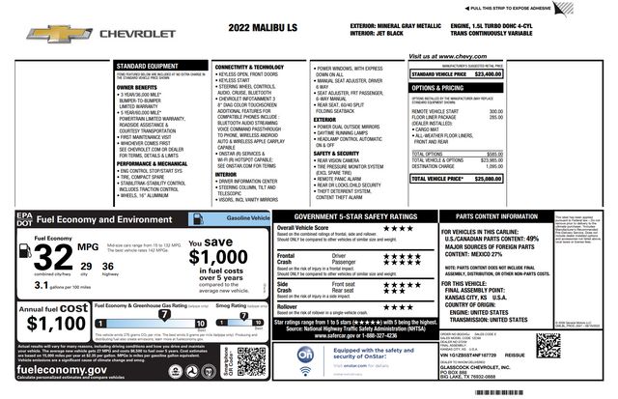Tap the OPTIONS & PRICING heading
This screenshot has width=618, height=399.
coord(446,87)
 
